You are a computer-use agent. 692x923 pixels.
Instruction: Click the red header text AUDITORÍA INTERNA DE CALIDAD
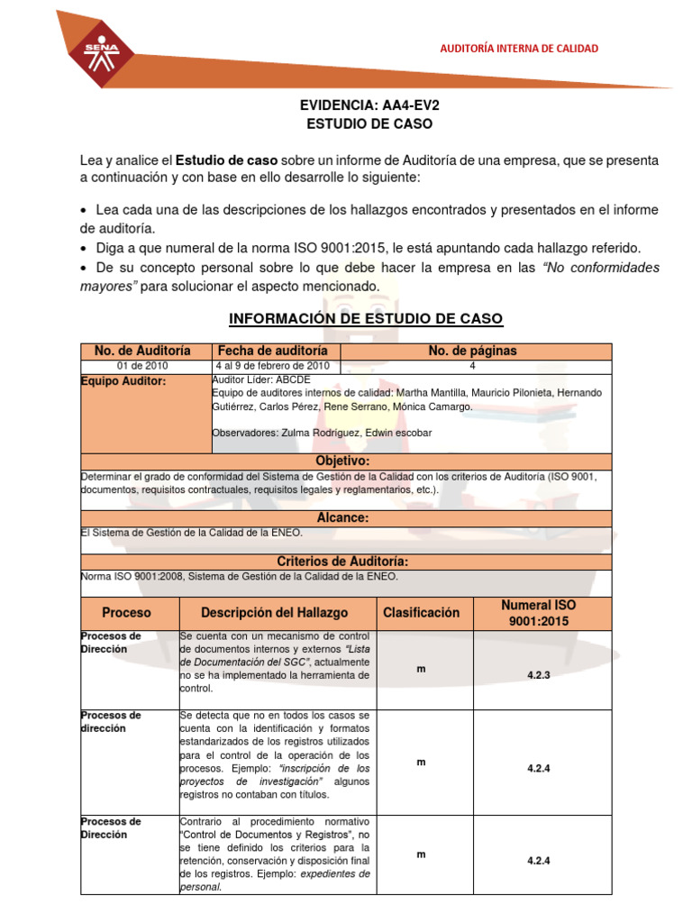[x=518, y=49]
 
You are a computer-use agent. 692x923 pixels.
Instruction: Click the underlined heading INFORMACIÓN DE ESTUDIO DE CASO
[x=366, y=319]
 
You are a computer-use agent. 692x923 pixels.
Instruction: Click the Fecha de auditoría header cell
[x=272, y=351]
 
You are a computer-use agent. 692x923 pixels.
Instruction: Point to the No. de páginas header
[x=472, y=351]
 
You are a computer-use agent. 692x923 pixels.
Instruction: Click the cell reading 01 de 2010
[x=142, y=366]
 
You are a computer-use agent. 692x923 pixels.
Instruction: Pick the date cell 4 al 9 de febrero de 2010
[x=272, y=366]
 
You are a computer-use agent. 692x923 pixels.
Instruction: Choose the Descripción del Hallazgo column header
[x=274, y=613]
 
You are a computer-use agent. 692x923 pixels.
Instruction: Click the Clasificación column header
[x=421, y=613]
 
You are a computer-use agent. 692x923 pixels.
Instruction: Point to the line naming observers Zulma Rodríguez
[x=321, y=433]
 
